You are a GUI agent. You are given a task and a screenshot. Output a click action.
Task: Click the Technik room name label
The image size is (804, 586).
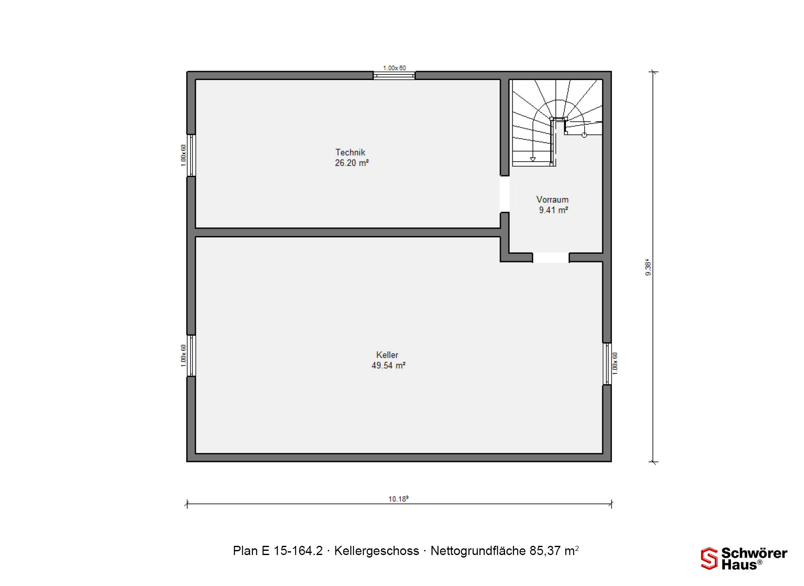click(x=350, y=152)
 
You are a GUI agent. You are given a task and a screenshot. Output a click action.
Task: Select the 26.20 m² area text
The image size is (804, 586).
click(x=352, y=163)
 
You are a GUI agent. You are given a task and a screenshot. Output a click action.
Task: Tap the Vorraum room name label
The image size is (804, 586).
click(x=552, y=200)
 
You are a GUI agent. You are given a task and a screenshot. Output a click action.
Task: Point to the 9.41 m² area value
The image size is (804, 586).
click(x=553, y=210)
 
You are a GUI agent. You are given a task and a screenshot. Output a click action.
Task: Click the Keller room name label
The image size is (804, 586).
click(x=387, y=355)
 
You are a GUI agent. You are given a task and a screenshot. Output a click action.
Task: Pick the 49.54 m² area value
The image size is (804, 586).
click(x=388, y=365)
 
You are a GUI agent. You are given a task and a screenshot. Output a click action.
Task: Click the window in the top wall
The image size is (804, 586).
click(x=394, y=76)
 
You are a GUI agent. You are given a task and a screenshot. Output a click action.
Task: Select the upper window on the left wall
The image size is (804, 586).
click(x=191, y=155)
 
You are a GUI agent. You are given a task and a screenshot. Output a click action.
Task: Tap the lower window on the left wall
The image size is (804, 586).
click(x=191, y=355)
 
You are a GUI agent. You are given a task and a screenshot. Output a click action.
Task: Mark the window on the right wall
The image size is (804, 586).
click(x=607, y=364)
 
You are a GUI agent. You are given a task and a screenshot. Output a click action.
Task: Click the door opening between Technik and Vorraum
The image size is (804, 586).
click(x=505, y=194)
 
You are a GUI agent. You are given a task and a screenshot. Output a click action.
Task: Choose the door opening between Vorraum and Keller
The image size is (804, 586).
click(x=551, y=258)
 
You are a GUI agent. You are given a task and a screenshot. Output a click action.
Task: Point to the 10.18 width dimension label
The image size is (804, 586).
click(x=398, y=499)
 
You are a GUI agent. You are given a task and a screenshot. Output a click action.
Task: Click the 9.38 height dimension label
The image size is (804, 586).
click(x=648, y=267)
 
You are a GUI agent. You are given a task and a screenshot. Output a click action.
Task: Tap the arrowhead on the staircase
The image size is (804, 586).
click(x=533, y=159)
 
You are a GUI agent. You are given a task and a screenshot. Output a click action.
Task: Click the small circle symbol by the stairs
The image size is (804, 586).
click(x=584, y=135)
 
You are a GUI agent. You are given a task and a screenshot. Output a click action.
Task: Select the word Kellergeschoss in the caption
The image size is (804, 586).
click(x=376, y=551)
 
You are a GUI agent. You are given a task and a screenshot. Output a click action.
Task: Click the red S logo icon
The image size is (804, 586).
click(x=709, y=558)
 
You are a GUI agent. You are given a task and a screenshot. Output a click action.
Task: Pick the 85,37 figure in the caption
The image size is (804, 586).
click(x=545, y=551)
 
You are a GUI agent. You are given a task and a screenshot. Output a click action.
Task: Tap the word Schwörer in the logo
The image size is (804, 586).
click(x=754, y=553)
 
